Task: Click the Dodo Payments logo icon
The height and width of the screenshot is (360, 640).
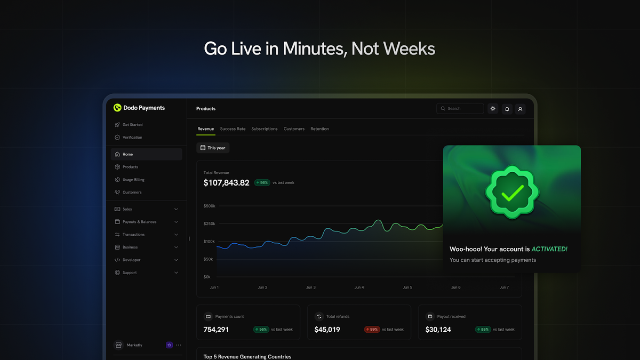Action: click(x=117, y=108)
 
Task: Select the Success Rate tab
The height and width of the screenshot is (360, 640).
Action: click(x=233, y=129)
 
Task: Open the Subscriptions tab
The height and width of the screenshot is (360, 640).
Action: click(x=265, y=129)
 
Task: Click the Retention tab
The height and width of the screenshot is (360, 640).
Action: click(x=319, y=129)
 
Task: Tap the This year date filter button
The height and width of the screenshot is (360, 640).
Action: click(x=213, y=148)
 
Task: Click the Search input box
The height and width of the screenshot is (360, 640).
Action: click(x=460, y=109)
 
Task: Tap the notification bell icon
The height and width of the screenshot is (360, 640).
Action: click(x=507, y=109)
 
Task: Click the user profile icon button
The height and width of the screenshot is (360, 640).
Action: click(x=521, y=109)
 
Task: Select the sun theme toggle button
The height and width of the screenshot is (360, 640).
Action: click(x=493, y=109)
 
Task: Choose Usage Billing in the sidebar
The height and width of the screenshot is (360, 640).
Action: click(x=133, y=180)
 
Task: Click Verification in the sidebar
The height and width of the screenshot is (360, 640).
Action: click(x=132, y=138)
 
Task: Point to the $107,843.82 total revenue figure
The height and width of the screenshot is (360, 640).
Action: click(x=226, y=183)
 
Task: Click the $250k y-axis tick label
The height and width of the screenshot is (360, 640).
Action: click(x=209, y=224)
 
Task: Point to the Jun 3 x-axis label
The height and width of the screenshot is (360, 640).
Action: click(x=310, y=287)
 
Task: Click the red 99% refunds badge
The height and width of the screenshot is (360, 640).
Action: click(x=372, y=330)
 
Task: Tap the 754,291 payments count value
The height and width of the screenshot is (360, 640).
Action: click(x=216, y=330)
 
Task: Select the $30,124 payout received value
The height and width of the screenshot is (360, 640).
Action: click(x=438, y=330)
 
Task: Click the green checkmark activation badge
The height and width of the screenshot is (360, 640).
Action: click(x=512, y=192)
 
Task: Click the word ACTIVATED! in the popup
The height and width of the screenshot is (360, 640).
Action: click(x=549, y=249)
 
